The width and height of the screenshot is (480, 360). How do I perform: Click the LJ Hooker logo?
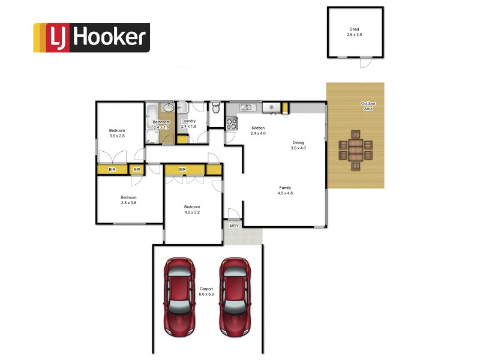[x=91, y=37]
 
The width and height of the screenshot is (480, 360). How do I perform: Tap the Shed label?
[x=355, y=29]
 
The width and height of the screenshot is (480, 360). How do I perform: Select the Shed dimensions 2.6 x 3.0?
[x=355, y=35]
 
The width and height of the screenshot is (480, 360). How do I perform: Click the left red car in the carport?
[x=180, y=298]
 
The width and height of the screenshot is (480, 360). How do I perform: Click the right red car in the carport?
[x=233, y=298]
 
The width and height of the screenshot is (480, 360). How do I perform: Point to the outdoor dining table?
[x=356, y=150]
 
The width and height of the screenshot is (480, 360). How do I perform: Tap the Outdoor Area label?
[x=368, y=106]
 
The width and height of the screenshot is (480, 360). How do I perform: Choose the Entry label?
[x=234, y=226]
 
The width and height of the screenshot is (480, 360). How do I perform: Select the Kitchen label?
[x=258, y=128]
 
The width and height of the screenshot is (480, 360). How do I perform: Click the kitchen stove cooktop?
[x=232, y=124]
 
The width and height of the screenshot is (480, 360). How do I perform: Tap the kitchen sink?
[x=247, y=108]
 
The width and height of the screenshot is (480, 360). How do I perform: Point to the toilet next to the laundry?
[x=215, y=108]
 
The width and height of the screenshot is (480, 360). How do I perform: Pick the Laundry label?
[x=188, y=121]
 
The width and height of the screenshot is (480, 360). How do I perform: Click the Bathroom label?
[x=161, y=122]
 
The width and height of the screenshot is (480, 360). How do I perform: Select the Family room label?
[x=284, y=188]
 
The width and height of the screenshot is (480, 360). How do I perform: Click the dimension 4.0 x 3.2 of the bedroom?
[x=192, y=212]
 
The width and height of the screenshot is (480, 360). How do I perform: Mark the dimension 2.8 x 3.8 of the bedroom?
[x=128, y=203]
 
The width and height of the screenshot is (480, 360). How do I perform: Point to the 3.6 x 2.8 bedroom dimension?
[x=117, y=136]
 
